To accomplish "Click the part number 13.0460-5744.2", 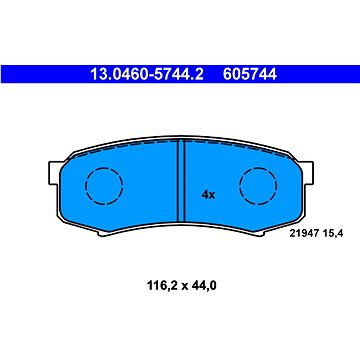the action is pyautogui.click(x=147, y=74).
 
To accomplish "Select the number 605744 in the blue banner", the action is pyautogui.click(x=250, y=74).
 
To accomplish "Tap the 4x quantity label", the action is pyautogui.click(x=208, y=195).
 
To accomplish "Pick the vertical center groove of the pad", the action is pyautogui.click(x=181, y=181).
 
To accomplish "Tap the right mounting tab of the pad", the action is pyautogui.click(x=307, y=173).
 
